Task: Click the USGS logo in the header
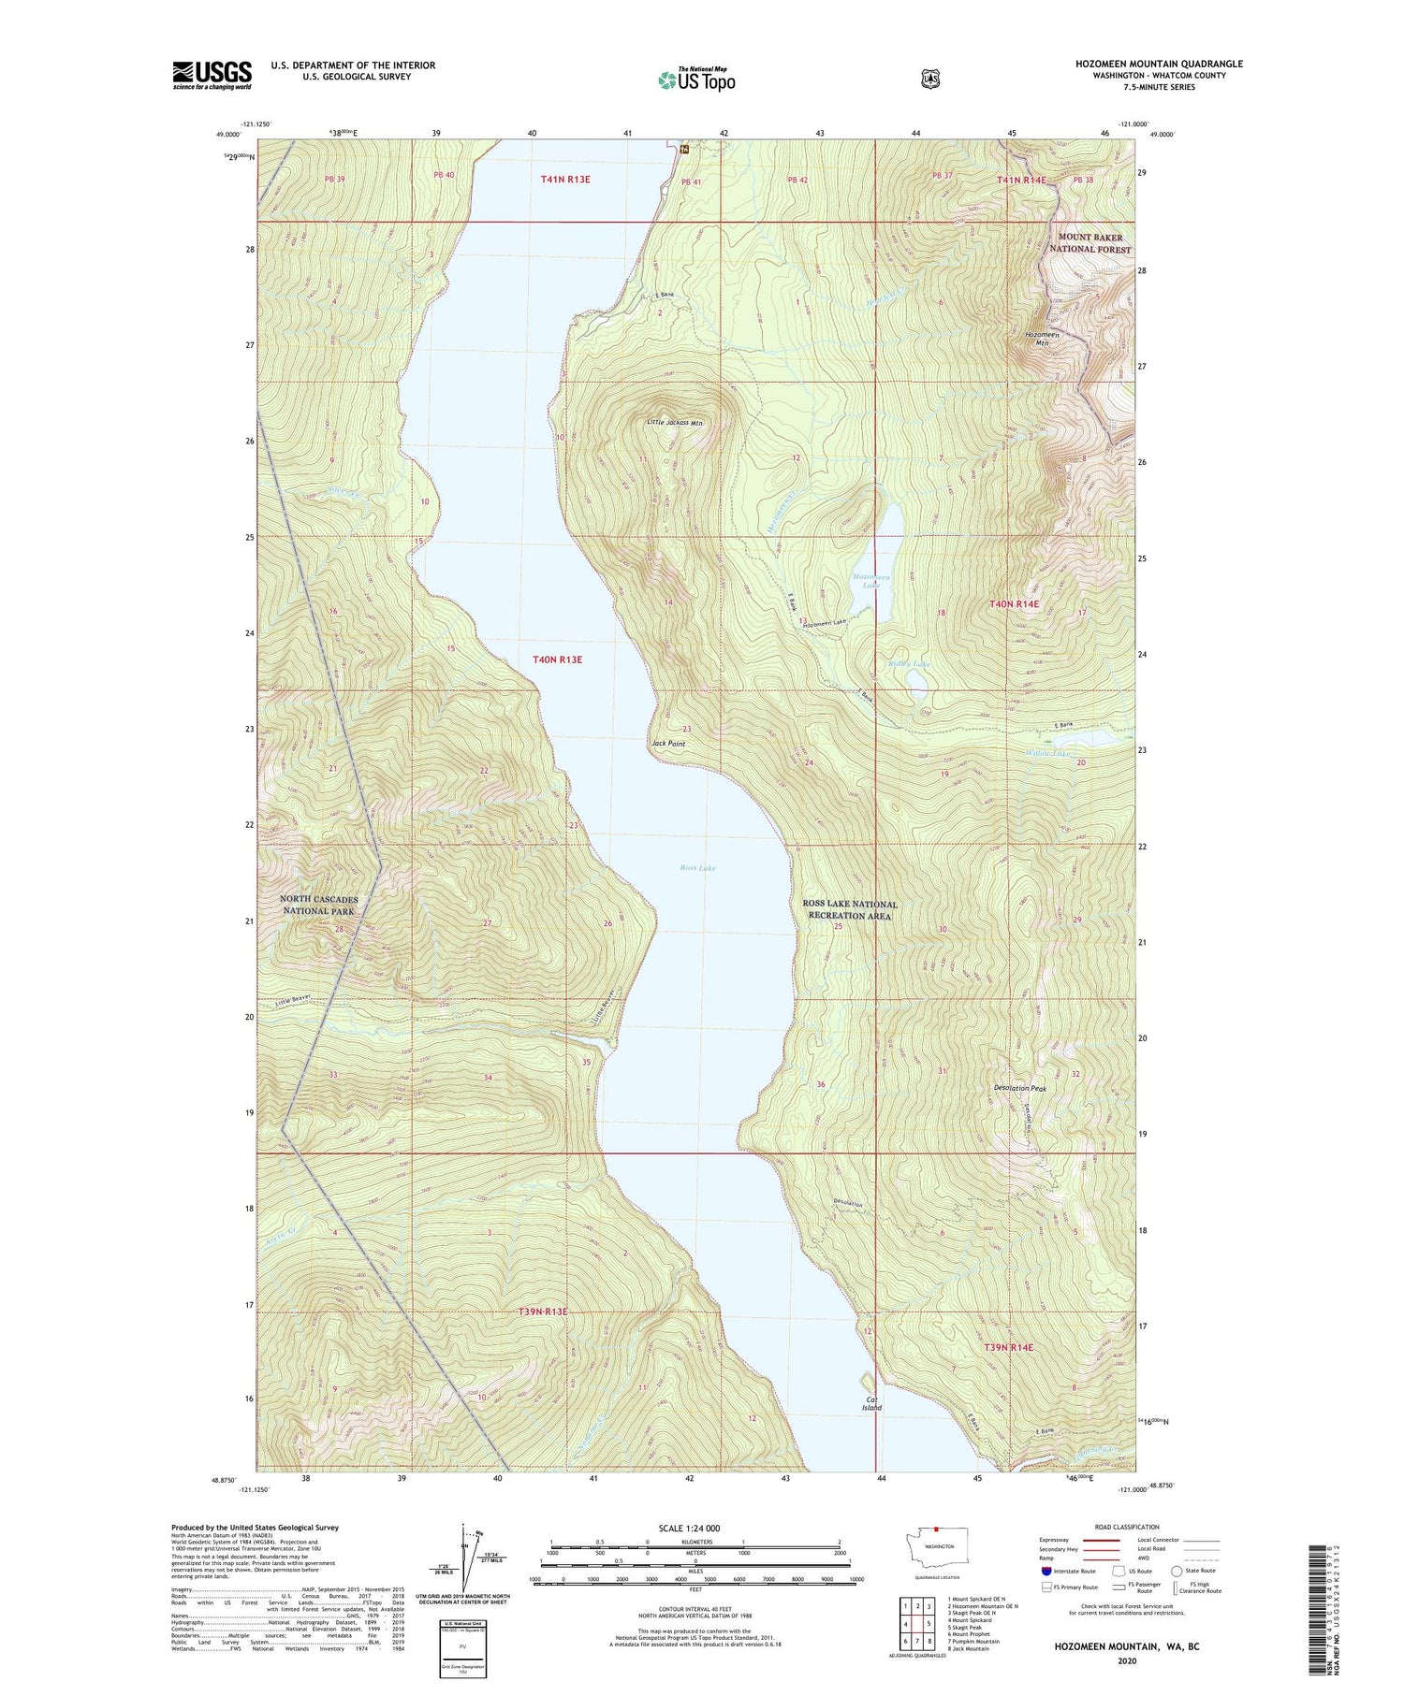coord(212,75)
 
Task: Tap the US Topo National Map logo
coord(696,80)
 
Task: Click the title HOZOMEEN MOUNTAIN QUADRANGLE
coord(1159,64)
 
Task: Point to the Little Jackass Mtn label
coord(674,423)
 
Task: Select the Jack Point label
coord(668,744)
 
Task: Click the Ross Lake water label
coord(697,868)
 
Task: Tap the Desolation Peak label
coord(1020,1088)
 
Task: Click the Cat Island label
coord(871,1402)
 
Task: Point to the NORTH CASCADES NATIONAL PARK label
coord(318,905)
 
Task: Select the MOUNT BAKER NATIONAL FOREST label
coord(1090,243)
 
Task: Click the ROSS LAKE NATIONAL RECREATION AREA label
coord(850,909)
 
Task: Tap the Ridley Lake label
coord(909,664)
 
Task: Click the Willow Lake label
coord(1046,753)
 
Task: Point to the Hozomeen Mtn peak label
coord(1042,339)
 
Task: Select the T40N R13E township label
coord(557,660)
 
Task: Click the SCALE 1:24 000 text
coord(689,1528)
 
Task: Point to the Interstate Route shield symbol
coord(1046,1571)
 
